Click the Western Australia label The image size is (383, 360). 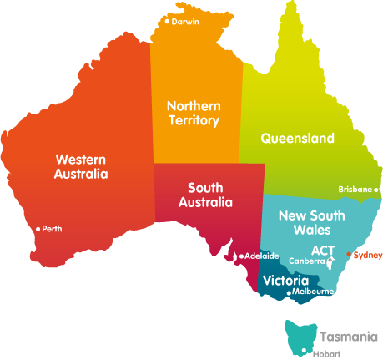coord(81,166)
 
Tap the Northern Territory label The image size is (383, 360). coord(193,114)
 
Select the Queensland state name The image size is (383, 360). coord(297,138)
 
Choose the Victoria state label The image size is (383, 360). coord(285,281)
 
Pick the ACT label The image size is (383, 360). coord(323,250)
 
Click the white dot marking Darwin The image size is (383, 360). coord(167,22)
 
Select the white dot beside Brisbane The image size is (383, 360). coord(375,190)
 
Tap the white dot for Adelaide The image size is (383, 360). coord(241,256)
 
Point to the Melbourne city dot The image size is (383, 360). coord(289,292)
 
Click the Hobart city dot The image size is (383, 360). coord(305,351)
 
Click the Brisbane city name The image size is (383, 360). coord(355,190)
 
